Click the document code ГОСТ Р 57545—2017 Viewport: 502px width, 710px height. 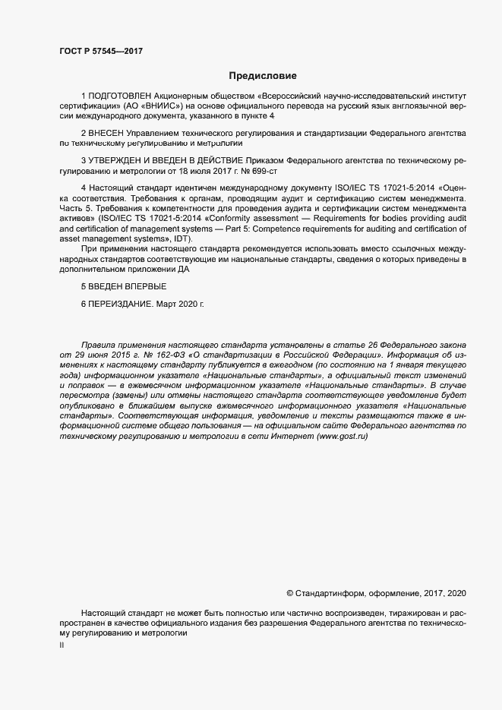pos(101,51)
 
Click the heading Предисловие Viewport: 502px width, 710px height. pos(262,76)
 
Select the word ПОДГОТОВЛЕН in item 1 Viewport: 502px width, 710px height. pos(115,96)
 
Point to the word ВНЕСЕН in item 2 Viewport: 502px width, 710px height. pos(107,132)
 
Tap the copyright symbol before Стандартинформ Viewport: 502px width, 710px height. pos(289,592)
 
